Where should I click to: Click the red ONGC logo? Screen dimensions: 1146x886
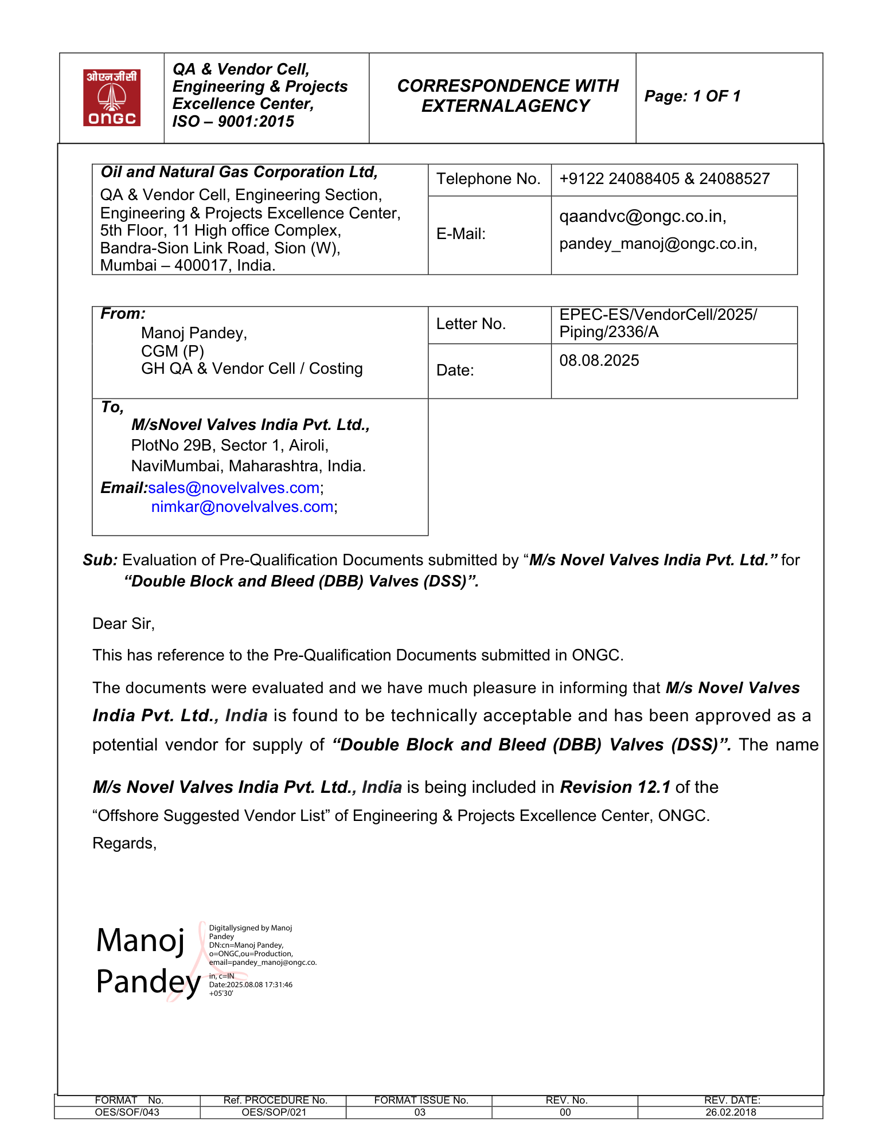(112, 97)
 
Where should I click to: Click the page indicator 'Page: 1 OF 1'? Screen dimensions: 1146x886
(692, 96)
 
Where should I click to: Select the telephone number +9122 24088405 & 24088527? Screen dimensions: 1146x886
(664, 179)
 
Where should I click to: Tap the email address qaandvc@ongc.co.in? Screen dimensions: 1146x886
(642, 216)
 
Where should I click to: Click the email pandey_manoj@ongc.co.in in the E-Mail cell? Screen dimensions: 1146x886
(658, 244)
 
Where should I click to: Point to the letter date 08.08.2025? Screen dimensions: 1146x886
(599, 361)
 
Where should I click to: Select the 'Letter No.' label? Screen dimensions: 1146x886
(471, 324)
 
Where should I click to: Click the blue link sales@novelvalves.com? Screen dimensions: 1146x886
(233, 488)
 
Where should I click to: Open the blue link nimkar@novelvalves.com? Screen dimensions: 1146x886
(242, 507)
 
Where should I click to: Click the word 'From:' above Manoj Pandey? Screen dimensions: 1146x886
(123, 314)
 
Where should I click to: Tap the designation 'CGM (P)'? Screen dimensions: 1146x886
(172, 351)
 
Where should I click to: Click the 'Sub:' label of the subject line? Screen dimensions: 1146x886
(100, 560)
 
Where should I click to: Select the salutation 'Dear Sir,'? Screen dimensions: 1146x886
(123, 624)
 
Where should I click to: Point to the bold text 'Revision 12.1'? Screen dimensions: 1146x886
(615, 787)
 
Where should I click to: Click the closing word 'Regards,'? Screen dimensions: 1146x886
(124, 843)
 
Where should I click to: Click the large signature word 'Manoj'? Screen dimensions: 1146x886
(140, 941)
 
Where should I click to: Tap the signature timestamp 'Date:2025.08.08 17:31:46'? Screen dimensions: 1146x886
(251, 984)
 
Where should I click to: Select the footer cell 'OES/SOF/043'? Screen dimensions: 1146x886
(127, 1112)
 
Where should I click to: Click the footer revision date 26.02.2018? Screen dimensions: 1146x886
(731, 1112)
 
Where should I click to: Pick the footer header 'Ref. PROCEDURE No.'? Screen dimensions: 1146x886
(275, 1100)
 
